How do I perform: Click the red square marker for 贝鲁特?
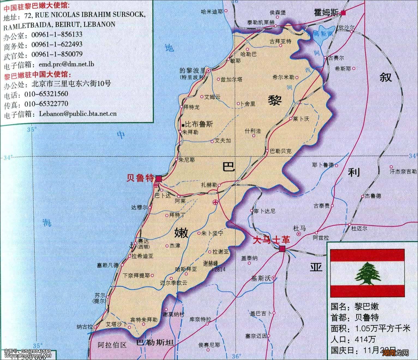click(158, 179)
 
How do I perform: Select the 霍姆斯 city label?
click(326, 13)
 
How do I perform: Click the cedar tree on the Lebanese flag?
click(367, 273)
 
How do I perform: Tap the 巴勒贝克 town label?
click(281, 151)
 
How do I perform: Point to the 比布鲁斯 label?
click(199, 125)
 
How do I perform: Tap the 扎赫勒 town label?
click(209, 184)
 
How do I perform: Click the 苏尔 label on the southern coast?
click(100, 295)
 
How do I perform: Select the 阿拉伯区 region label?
click(112, 345)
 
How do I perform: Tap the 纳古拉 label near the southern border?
click(85, 326)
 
